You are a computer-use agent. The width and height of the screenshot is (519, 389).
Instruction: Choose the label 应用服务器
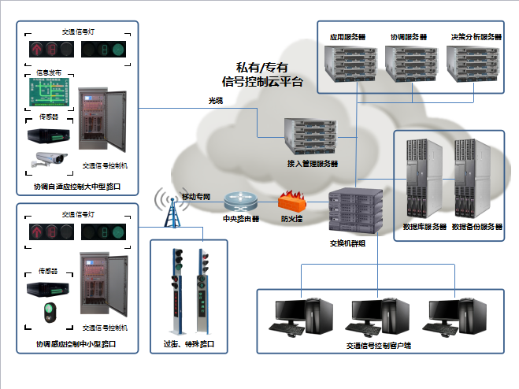point(347,37)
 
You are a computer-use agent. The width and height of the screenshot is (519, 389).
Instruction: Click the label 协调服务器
point(408,37)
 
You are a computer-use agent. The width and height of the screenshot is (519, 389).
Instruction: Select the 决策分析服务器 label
point(476,37)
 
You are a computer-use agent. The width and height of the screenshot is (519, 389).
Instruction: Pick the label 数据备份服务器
point(475,226)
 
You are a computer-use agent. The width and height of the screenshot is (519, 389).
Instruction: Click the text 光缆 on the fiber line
point(215,101)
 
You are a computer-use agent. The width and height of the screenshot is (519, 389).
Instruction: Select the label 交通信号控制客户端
point(379,345)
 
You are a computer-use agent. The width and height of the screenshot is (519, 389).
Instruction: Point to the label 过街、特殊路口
point(189,345)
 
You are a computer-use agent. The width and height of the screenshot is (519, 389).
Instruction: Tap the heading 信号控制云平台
point(262,81)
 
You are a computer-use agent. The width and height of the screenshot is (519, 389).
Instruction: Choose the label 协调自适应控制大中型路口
point(78,187)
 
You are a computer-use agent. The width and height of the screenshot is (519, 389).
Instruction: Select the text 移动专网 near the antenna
point(196,195)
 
